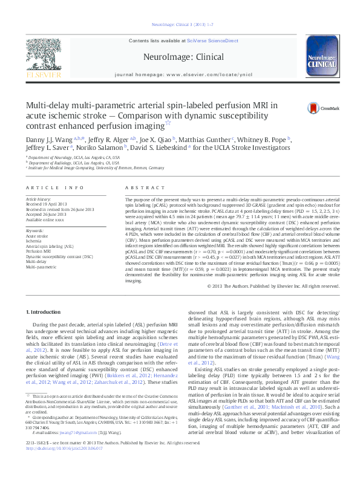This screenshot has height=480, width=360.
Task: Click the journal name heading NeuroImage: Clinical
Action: pos(180,56)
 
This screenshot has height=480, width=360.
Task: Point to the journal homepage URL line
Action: pos(180,77)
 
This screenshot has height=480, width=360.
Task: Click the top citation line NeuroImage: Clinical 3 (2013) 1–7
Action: pos(180,25)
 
